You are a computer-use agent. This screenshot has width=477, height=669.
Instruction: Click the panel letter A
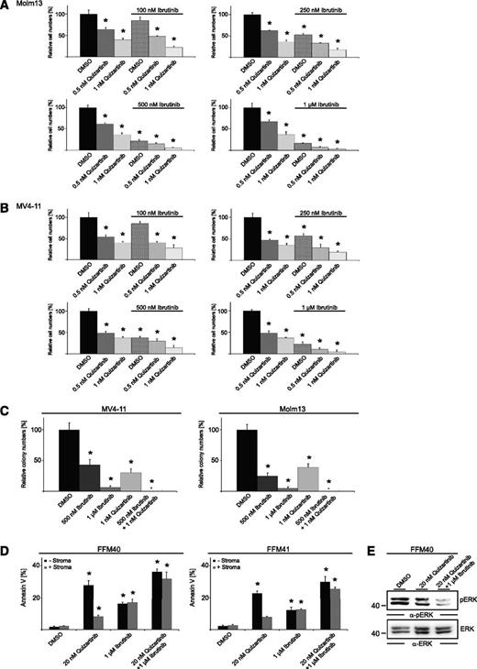tap(6, 5)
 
